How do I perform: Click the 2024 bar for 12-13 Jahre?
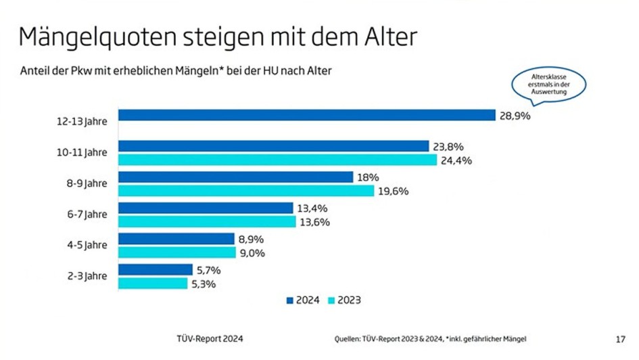pyautogui.click(x=307, y=115)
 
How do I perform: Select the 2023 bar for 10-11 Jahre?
pyautogui.click(x=278, y=160)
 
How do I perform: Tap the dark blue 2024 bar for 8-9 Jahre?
pyautogui.click(x=236, y=177)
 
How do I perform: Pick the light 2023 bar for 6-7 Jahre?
pyautogui.click(x=207, y=221)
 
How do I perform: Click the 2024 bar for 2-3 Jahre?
pyautogui.click(x=156, y=270)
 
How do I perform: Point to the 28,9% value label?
pyautogui.click(x=515, y=116)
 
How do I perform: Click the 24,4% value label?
pyautogui.click(x=456, y=160)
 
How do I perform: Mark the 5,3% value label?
pyautogui.click(x=202, y=284)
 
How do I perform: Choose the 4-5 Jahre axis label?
pyautogui.click(x=86, y=245)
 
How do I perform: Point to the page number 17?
pyautogui.click(x=620, y=339)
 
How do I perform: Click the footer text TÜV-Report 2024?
pyautogui.click(x=209, y=339)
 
